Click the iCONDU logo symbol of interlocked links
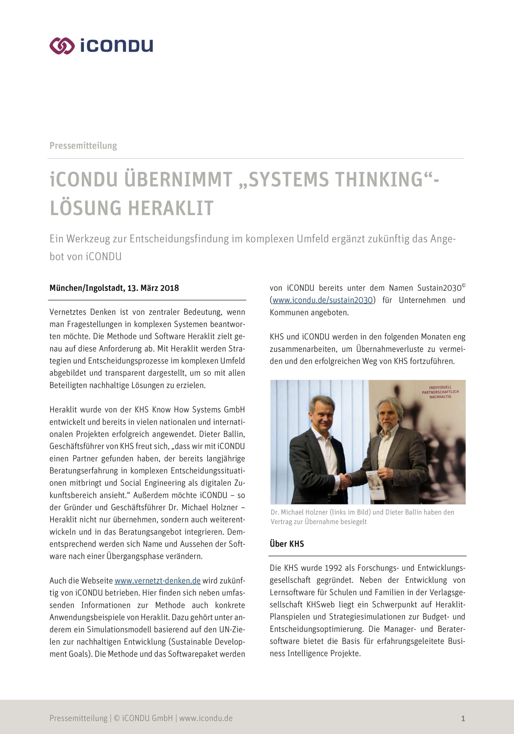click(x=62, y=46)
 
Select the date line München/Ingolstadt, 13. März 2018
click(x=114, y=288)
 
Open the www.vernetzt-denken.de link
click(x=157, y=581)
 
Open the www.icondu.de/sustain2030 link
click(x=322, y=300)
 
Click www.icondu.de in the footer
click(x=206, y=718)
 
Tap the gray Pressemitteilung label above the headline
click(x=83, y=146)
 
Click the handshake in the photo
click(x=345, y=481)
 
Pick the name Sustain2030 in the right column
click(x=439, y=288)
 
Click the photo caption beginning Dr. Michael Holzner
click(x=362, y=517)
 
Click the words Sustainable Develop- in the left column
click(x=211, y=642)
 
